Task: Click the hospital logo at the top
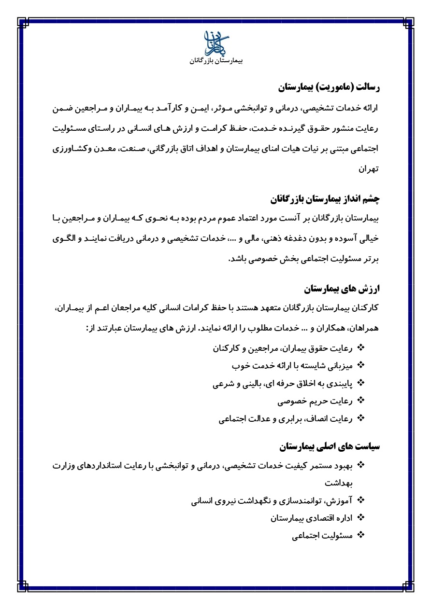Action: (x=215, y=43)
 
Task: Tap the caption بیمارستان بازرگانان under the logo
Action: (x=215, y=62)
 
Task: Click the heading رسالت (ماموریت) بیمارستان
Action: (x=330, y=87)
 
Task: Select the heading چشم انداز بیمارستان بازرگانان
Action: (x=324, y=198)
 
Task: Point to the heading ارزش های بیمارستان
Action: (x=342, y=289)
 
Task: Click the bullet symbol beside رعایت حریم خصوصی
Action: (x=360, y=401)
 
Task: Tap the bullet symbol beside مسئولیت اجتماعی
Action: (x=360, y=535)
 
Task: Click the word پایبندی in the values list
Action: (x=337, y=384)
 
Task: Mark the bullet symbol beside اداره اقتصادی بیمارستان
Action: (x=360, y=517)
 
